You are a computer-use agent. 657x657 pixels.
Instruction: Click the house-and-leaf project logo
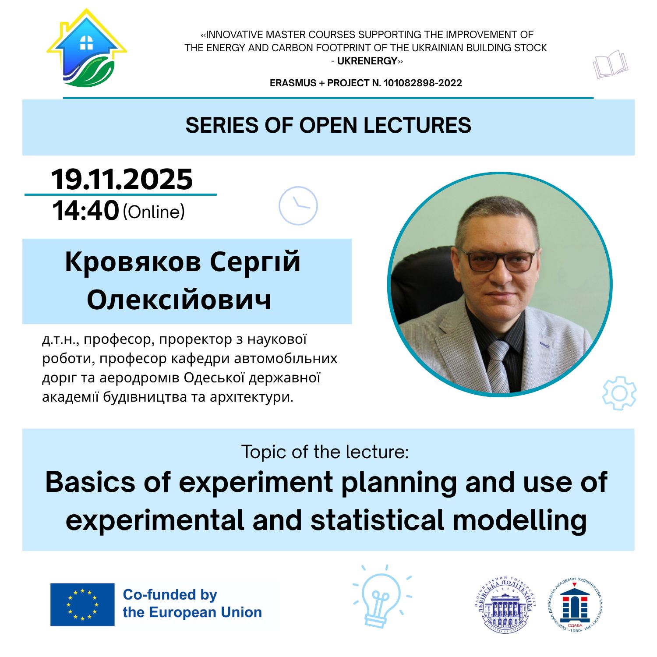pyautogui.click(x=87, y=49)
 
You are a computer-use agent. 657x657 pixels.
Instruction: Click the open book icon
pyautogui.click(x=610, y=64)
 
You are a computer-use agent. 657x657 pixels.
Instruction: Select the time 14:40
pyautogui.click(x=85, y=210)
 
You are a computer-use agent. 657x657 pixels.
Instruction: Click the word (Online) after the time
pyautogui.click(x=154, y=212)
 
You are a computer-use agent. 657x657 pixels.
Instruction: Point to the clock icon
pyautogui.click(x=298, y=206)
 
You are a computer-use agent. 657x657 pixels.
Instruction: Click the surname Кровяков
pyautogui.click(x=133, y=261)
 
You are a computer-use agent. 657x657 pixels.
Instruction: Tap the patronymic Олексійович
pyautogui.click(x=179, y=300)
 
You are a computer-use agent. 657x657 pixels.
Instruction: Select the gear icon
pyautogui.click(x=619, y=393)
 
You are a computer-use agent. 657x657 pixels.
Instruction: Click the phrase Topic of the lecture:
pyautogui.click(x=325, y=452)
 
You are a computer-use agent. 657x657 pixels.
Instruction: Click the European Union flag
pyautogui.click(x=82, y=604)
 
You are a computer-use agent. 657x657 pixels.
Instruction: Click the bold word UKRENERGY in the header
pyautogui.click(x=367, y=61)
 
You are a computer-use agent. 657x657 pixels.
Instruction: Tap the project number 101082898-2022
pyautogui.click(x=423, y=83)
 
